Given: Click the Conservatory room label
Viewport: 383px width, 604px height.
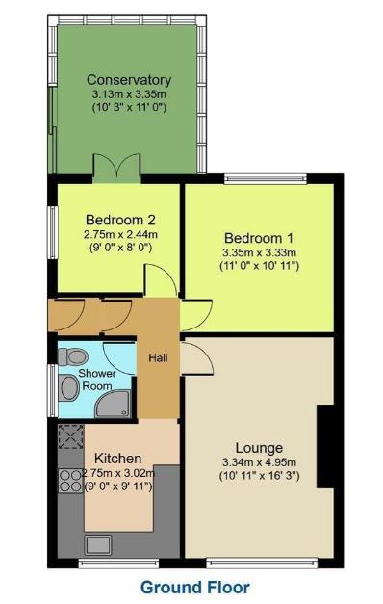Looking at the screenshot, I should pyautogui.click(x=128, y=80).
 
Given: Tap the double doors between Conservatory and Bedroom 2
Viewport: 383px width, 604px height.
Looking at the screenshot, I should pyautogui.click(x=117, y=165).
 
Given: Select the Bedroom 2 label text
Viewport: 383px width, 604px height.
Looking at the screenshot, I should pyautogui.click(x=115, y=218).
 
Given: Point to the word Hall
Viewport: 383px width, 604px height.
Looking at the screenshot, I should pyautogui.click(x=158, y=358).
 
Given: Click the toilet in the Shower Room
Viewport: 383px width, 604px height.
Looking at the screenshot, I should pyautogui.click(x=68, y=356).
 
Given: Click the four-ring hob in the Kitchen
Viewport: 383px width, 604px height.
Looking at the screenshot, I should pyautogui.click(x=69, y=478).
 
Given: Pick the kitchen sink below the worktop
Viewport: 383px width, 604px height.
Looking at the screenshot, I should pyautogui.click(x=70, y=511).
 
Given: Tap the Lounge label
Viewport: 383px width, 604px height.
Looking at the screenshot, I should pyautogui.click(x=259, y=448).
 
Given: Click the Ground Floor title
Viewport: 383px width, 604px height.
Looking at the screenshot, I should pyautogui.click(x=195, y=586).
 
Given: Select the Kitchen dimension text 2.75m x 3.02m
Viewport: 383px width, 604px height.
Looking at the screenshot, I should pyautogui.click(x=117, y=473).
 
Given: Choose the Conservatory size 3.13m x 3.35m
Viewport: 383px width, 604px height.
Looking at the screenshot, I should pyautogui.click(x=128, y=94).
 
